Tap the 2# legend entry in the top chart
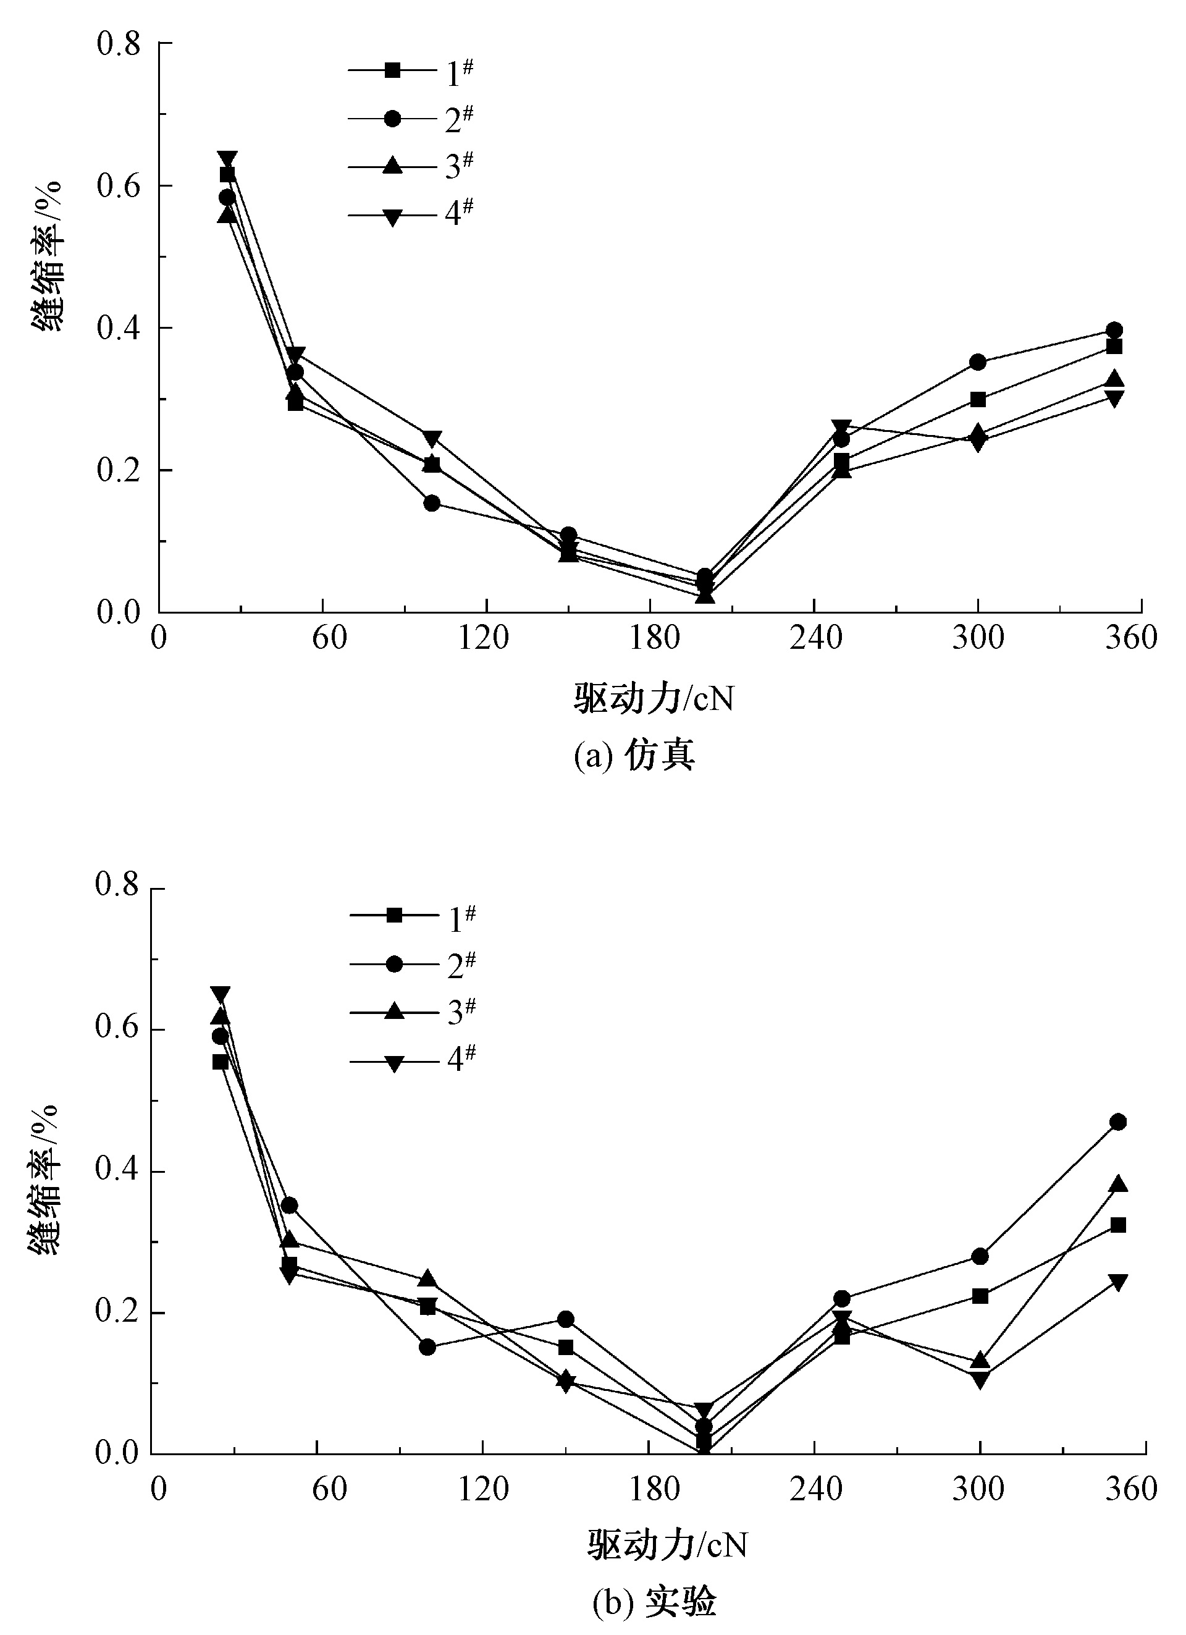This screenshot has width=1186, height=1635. tap(411, 119)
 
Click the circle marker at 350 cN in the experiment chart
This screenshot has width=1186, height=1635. tap(1117, 1122)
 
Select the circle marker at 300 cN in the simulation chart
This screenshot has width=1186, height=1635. tap(978, 362)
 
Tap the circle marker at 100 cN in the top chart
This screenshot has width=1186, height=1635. tap(432, 503)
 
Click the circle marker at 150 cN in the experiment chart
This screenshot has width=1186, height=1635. tap(566, 1319)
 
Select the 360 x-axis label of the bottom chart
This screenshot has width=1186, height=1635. tap(1131, 1488)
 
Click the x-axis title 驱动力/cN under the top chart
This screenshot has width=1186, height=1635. tap(654, 698)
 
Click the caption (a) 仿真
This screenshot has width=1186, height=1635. tap(634, 756)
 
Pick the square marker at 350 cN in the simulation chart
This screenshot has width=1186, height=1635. tap(1114, 347)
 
